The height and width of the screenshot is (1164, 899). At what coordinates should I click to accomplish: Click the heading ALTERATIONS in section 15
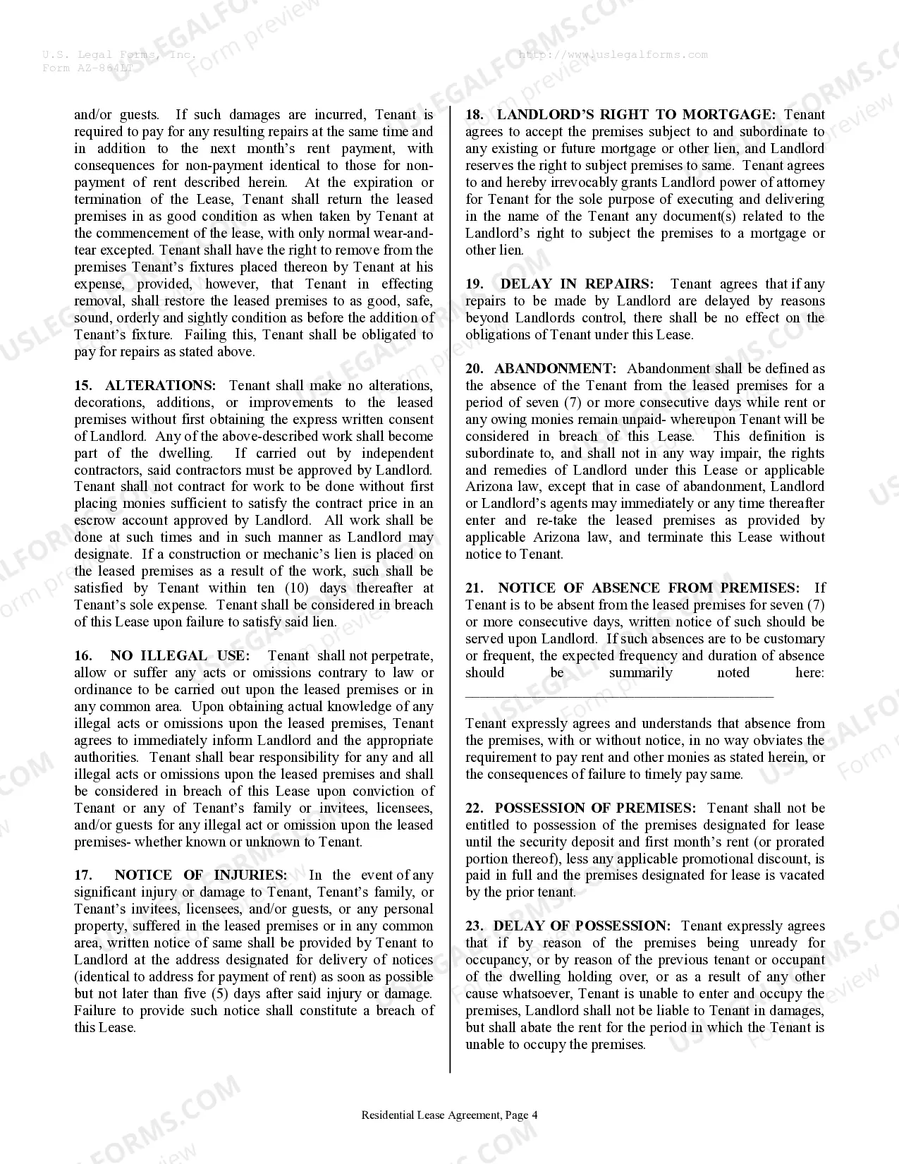(160, 385)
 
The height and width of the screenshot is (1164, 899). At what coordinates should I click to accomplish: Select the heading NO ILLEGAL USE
(179, 656)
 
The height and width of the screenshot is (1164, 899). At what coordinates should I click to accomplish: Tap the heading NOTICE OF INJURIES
(200, 875)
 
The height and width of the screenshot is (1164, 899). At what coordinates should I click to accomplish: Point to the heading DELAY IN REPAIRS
(576, 284)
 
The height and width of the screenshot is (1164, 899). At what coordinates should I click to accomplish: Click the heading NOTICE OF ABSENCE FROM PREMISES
(649, 588)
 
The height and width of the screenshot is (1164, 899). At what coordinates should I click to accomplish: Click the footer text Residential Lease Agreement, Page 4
(449, 1115)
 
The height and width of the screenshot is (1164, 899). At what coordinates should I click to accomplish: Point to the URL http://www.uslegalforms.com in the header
(612, 54)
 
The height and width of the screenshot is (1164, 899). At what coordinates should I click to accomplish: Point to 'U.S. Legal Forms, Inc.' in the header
(119, 54)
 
